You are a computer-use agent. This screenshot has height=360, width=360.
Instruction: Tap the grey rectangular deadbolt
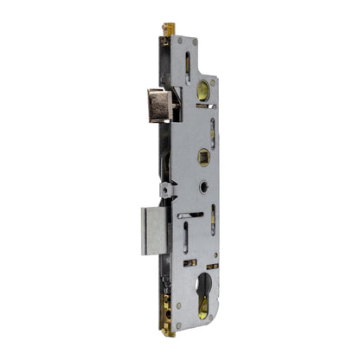pos(153,229)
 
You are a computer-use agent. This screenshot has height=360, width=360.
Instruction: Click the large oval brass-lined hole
pos(202,89)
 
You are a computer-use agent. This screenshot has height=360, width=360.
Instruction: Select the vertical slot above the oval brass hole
pos(188,65)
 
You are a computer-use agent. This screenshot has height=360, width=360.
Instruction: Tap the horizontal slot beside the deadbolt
pos(190,214)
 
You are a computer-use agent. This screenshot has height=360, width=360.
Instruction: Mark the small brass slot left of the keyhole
pos(190,262)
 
